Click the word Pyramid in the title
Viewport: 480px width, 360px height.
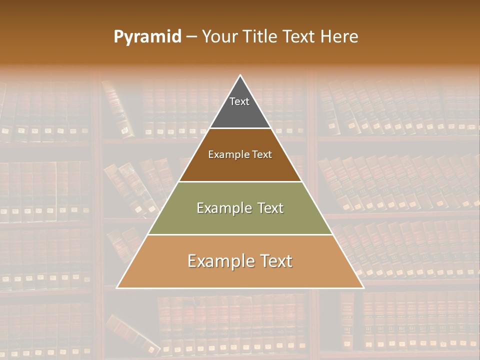[x=147, y=37]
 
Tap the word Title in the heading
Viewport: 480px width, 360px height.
[x=262, y=37]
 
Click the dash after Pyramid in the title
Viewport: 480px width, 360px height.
[x=191, y=37]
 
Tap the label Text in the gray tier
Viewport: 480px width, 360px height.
[x=239, y=101]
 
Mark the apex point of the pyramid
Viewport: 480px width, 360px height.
[x=240, y=75]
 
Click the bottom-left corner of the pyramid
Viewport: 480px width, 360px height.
[x=117, y=287]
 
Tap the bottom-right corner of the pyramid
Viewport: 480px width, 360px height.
[x=363, y=287]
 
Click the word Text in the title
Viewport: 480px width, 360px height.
[x=299, y=37]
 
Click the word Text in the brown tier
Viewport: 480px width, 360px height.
[x=261, y=155]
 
